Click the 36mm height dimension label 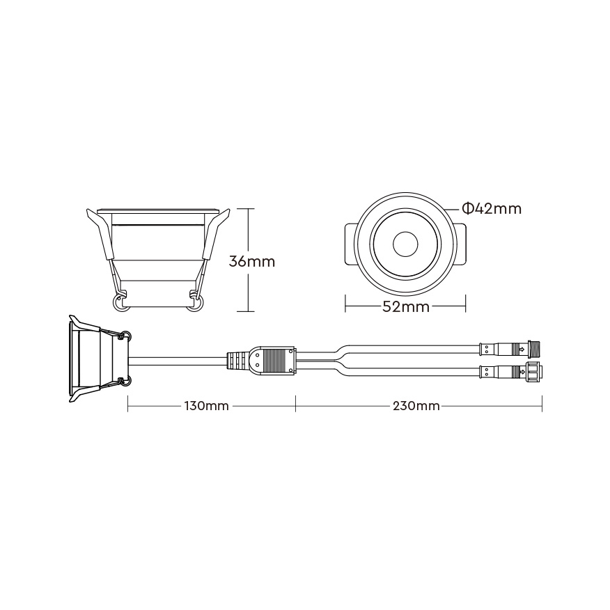[251, 261]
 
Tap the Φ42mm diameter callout [492, 209]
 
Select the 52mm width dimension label [406, 307]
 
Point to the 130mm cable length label [206, 406]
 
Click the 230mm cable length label [416, 406]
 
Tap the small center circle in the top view [405, 244]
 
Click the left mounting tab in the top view [351, 244]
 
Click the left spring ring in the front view [120, 302]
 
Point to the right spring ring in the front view [194, 302]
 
